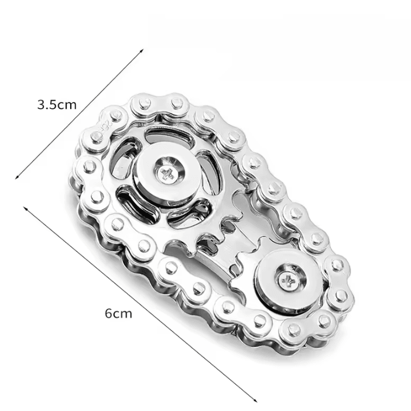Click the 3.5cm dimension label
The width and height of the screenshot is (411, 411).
(57, 105)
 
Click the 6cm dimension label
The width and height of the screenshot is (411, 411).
(118, 313)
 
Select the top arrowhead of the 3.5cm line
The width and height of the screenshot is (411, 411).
(142, 50)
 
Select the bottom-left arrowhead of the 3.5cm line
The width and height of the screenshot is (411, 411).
(18, 177)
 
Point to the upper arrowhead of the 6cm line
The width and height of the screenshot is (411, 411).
(25, 208)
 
